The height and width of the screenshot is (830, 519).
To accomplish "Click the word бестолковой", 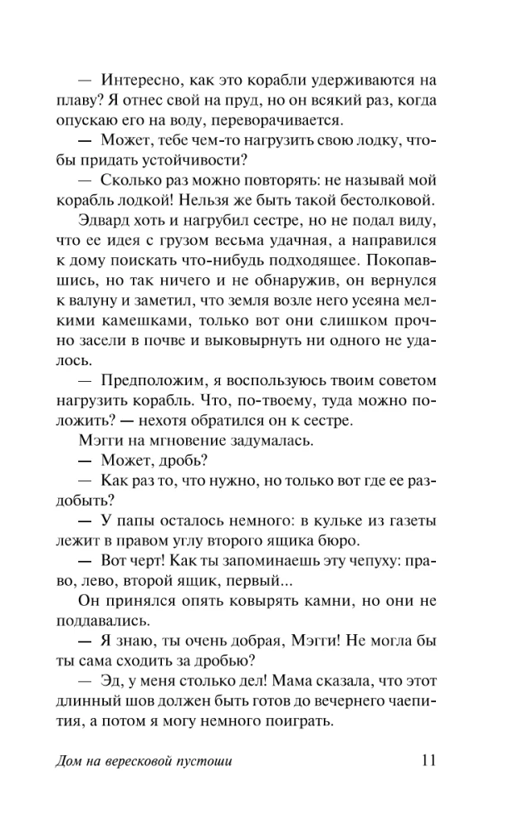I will click(x=382, y=202).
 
